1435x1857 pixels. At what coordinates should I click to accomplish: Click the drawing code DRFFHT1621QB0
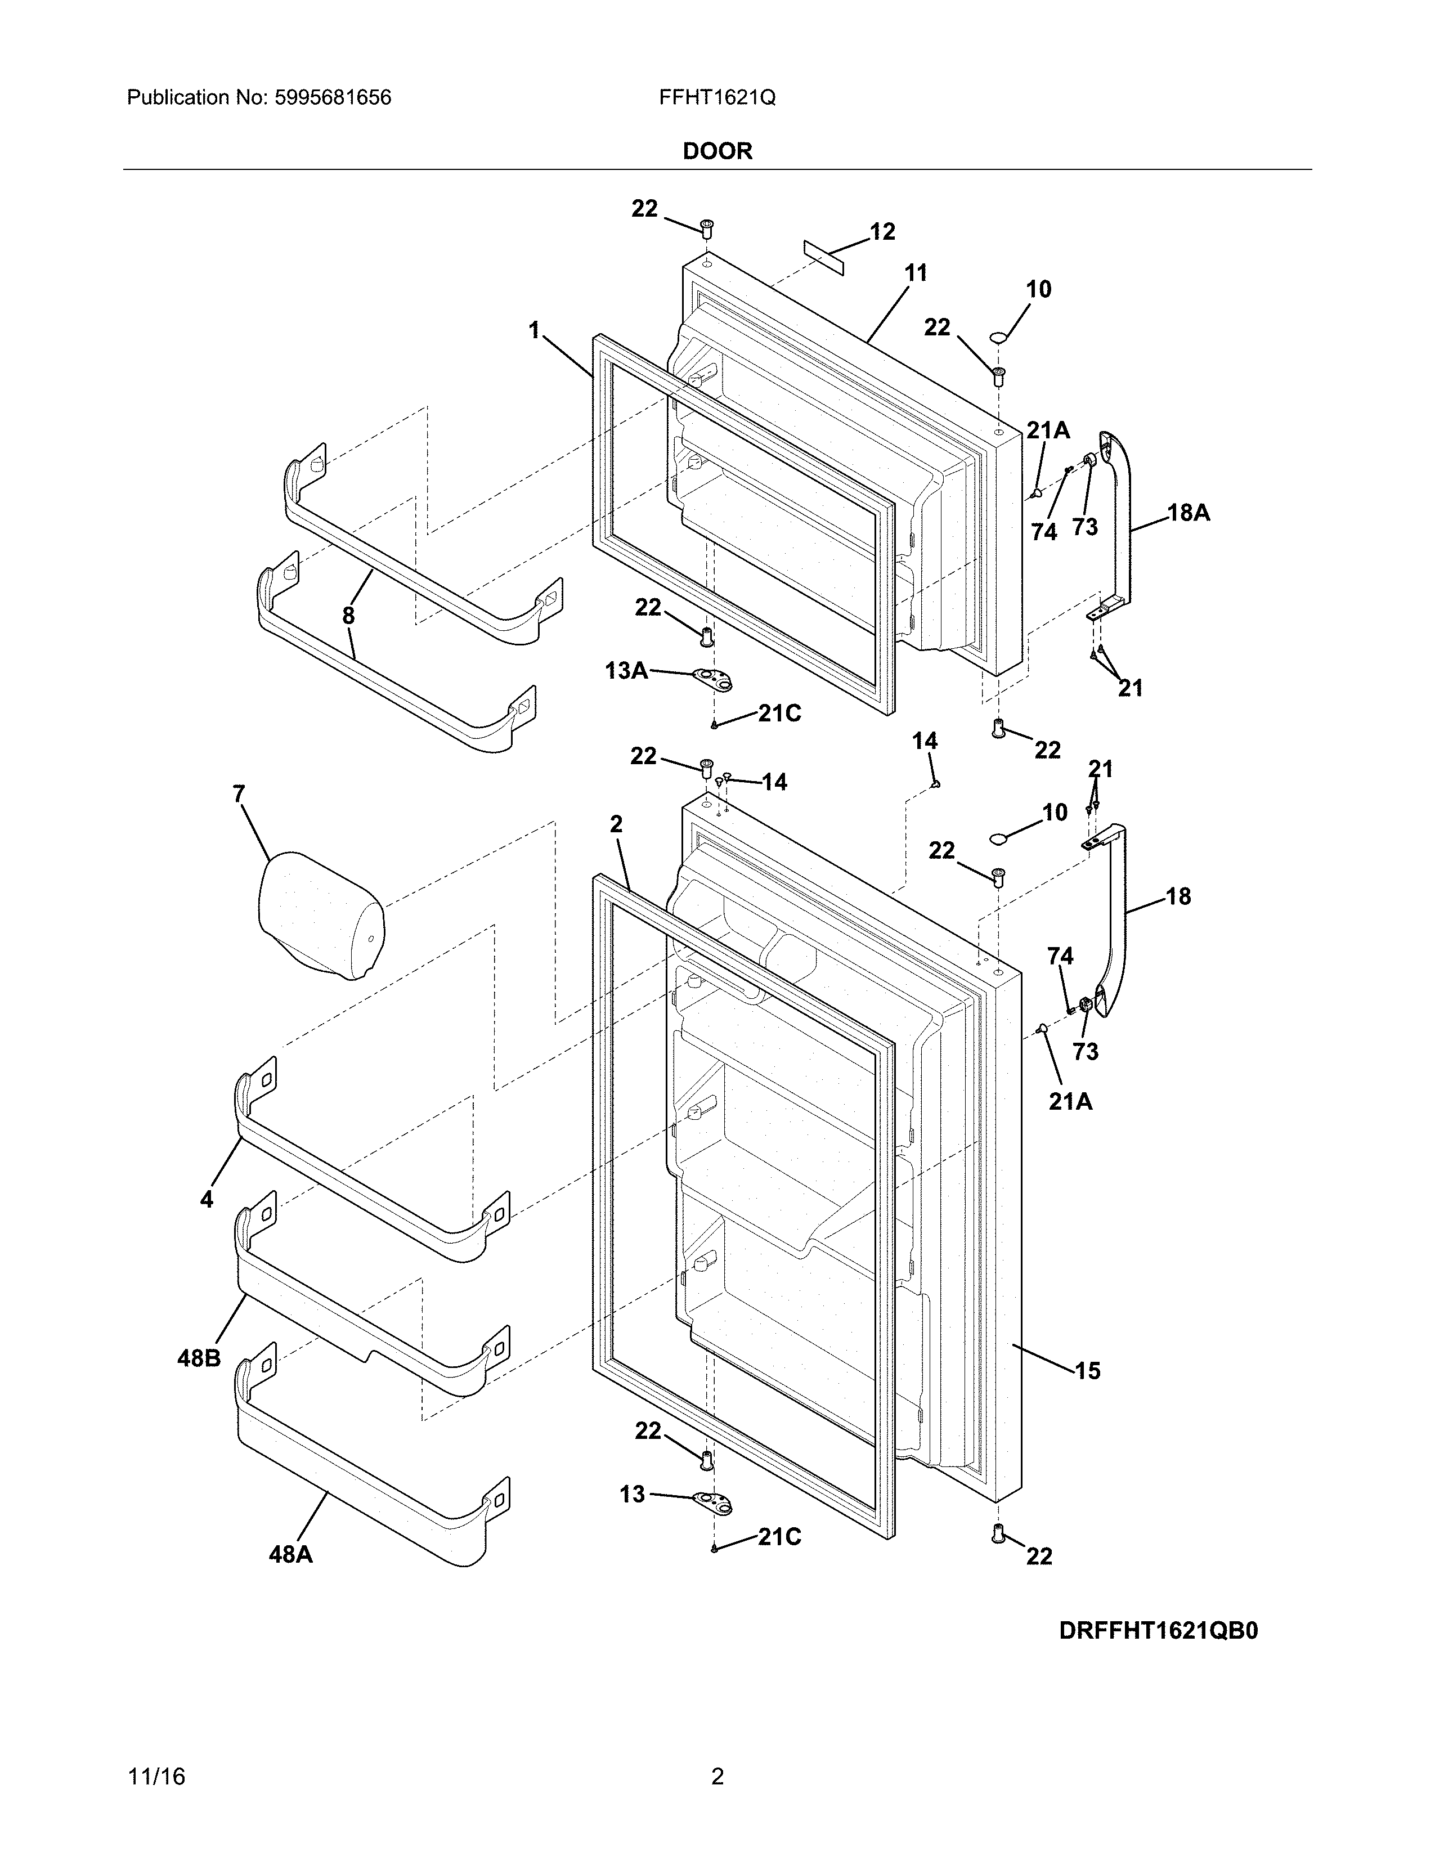(1158, 1631)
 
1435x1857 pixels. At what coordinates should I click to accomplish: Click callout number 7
(239, 794)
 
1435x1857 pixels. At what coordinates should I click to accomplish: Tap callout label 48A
(291, 1554)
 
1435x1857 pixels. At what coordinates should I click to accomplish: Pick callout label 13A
(626, 671)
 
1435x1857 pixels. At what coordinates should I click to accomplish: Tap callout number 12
(882, 231)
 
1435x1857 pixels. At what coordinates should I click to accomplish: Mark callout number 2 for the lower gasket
(616, 824)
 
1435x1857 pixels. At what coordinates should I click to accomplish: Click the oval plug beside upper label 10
(999, 338)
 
